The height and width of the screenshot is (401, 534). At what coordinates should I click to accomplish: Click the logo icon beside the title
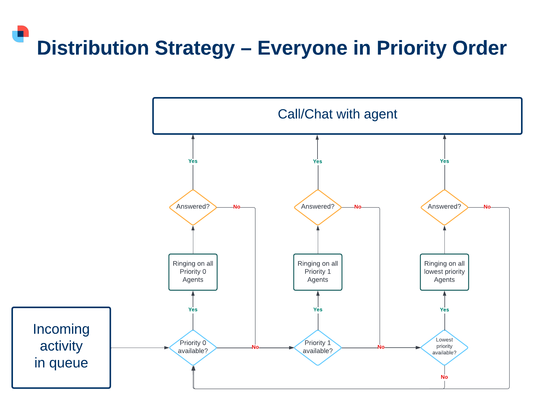pos(21,34)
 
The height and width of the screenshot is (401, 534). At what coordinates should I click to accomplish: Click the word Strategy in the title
pos(194,48)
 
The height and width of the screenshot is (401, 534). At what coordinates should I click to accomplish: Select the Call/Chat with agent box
pos(337,116)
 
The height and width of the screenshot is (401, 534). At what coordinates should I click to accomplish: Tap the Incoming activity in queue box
pos(61,348)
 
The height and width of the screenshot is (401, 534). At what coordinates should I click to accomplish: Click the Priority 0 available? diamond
pos(193,348)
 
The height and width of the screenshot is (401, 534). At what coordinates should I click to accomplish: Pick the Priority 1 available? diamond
pos(318,348)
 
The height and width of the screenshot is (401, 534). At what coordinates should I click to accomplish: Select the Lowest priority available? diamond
pos(444,348)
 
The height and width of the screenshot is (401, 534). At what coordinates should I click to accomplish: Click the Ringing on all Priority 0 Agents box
pos(193,272)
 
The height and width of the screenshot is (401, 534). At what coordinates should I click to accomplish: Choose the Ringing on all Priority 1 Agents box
pos(318,272)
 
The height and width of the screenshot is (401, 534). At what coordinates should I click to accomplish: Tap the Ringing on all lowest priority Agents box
pos(444,272)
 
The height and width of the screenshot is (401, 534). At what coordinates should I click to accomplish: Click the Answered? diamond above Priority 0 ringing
pos(193,207)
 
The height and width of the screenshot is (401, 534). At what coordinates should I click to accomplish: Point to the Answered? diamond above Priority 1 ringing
pos(318,207)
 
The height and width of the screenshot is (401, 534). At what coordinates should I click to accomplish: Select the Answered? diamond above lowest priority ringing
pos(444,207)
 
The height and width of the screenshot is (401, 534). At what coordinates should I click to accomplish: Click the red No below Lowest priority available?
pos(444,377)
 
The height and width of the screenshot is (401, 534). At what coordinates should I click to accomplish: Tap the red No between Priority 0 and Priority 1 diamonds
pos(255,347)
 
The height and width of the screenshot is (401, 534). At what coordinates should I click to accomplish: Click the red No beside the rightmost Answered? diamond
pos(487,207)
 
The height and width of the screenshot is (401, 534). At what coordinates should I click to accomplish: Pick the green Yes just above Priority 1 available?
pos(318,310)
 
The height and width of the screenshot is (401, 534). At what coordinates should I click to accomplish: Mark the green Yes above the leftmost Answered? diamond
pos(193,161)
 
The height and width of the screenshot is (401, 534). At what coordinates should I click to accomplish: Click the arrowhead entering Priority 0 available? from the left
pos(167,348)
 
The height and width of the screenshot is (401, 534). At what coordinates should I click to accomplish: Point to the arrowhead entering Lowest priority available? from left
pos(418,348)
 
